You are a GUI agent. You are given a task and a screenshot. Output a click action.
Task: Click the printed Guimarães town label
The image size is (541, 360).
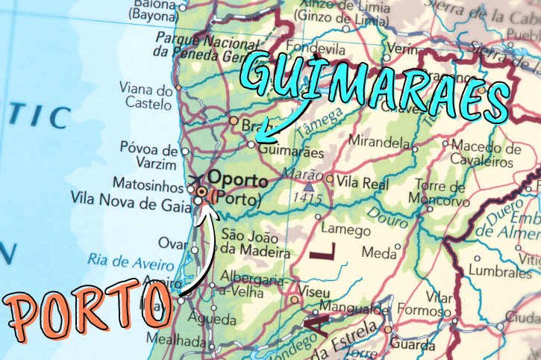coord(291,152)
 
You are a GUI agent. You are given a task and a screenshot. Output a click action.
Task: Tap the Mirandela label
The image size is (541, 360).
coord(381,141)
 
